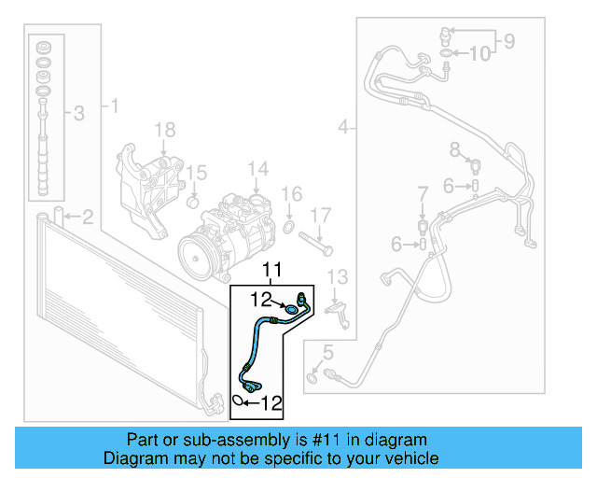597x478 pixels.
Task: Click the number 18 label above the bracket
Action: pos(164,130)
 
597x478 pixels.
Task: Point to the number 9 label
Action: pos(508,40)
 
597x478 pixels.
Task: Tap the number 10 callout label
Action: pos(479,54)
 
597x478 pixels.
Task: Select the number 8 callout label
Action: pos(455,149)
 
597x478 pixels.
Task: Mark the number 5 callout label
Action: pos(327,352)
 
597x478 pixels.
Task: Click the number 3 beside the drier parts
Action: pos(78,114)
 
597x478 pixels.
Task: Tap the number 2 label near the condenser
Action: pos(87,218)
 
